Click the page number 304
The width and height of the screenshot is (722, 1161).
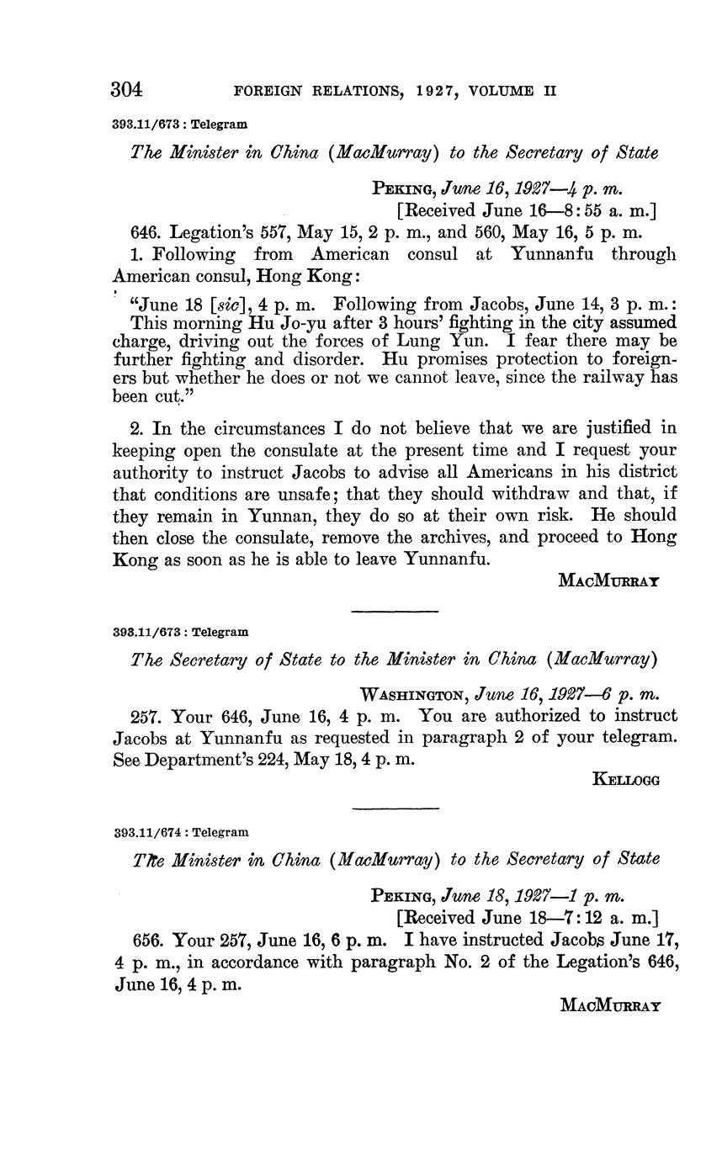(x=127, y=89)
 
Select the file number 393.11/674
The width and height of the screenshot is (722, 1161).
(x=148, y=832)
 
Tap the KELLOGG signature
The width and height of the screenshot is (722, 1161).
(x=626, y=779)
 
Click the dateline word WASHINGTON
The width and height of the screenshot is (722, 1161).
(x=414, y=695)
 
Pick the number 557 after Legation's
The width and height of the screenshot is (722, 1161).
(x=270, y=232)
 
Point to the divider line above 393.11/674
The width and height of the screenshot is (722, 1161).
(x=395, y=808)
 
